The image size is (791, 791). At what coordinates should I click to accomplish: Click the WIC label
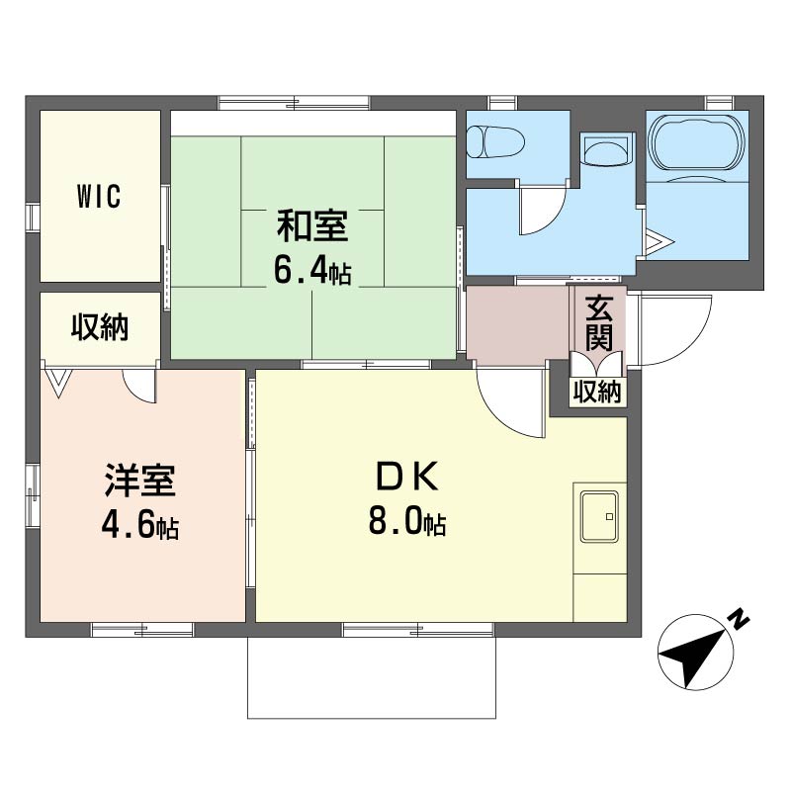click(x=100, y=196)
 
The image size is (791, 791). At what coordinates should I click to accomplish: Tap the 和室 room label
click(x=312, y=226)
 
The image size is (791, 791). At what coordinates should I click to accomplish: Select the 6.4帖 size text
click(x=312, y=271)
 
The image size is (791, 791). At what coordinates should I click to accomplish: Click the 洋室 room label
click(x=139, y=481)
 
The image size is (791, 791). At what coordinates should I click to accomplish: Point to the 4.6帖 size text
click(x=139, y=525)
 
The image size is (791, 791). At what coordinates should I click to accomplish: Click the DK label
click(x=407, y=477)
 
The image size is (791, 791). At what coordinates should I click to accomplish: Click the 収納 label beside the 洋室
click(x=100, y=327)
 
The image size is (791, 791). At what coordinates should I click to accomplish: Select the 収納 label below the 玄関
click(x=598, y=392)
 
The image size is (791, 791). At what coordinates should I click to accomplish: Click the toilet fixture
click(x=495, y=141)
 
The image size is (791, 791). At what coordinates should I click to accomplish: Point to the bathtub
click(x=697, y=142)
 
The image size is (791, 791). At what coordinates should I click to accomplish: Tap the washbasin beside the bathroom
click(x=607, y=149)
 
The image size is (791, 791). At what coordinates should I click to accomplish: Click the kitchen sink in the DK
click(x=599, y=516)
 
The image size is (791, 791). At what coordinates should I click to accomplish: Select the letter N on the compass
click(x=739, y=621)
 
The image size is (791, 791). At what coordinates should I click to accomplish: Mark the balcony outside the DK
click(x=372, y=677)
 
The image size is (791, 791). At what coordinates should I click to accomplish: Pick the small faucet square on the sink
click(x=609, y=516)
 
